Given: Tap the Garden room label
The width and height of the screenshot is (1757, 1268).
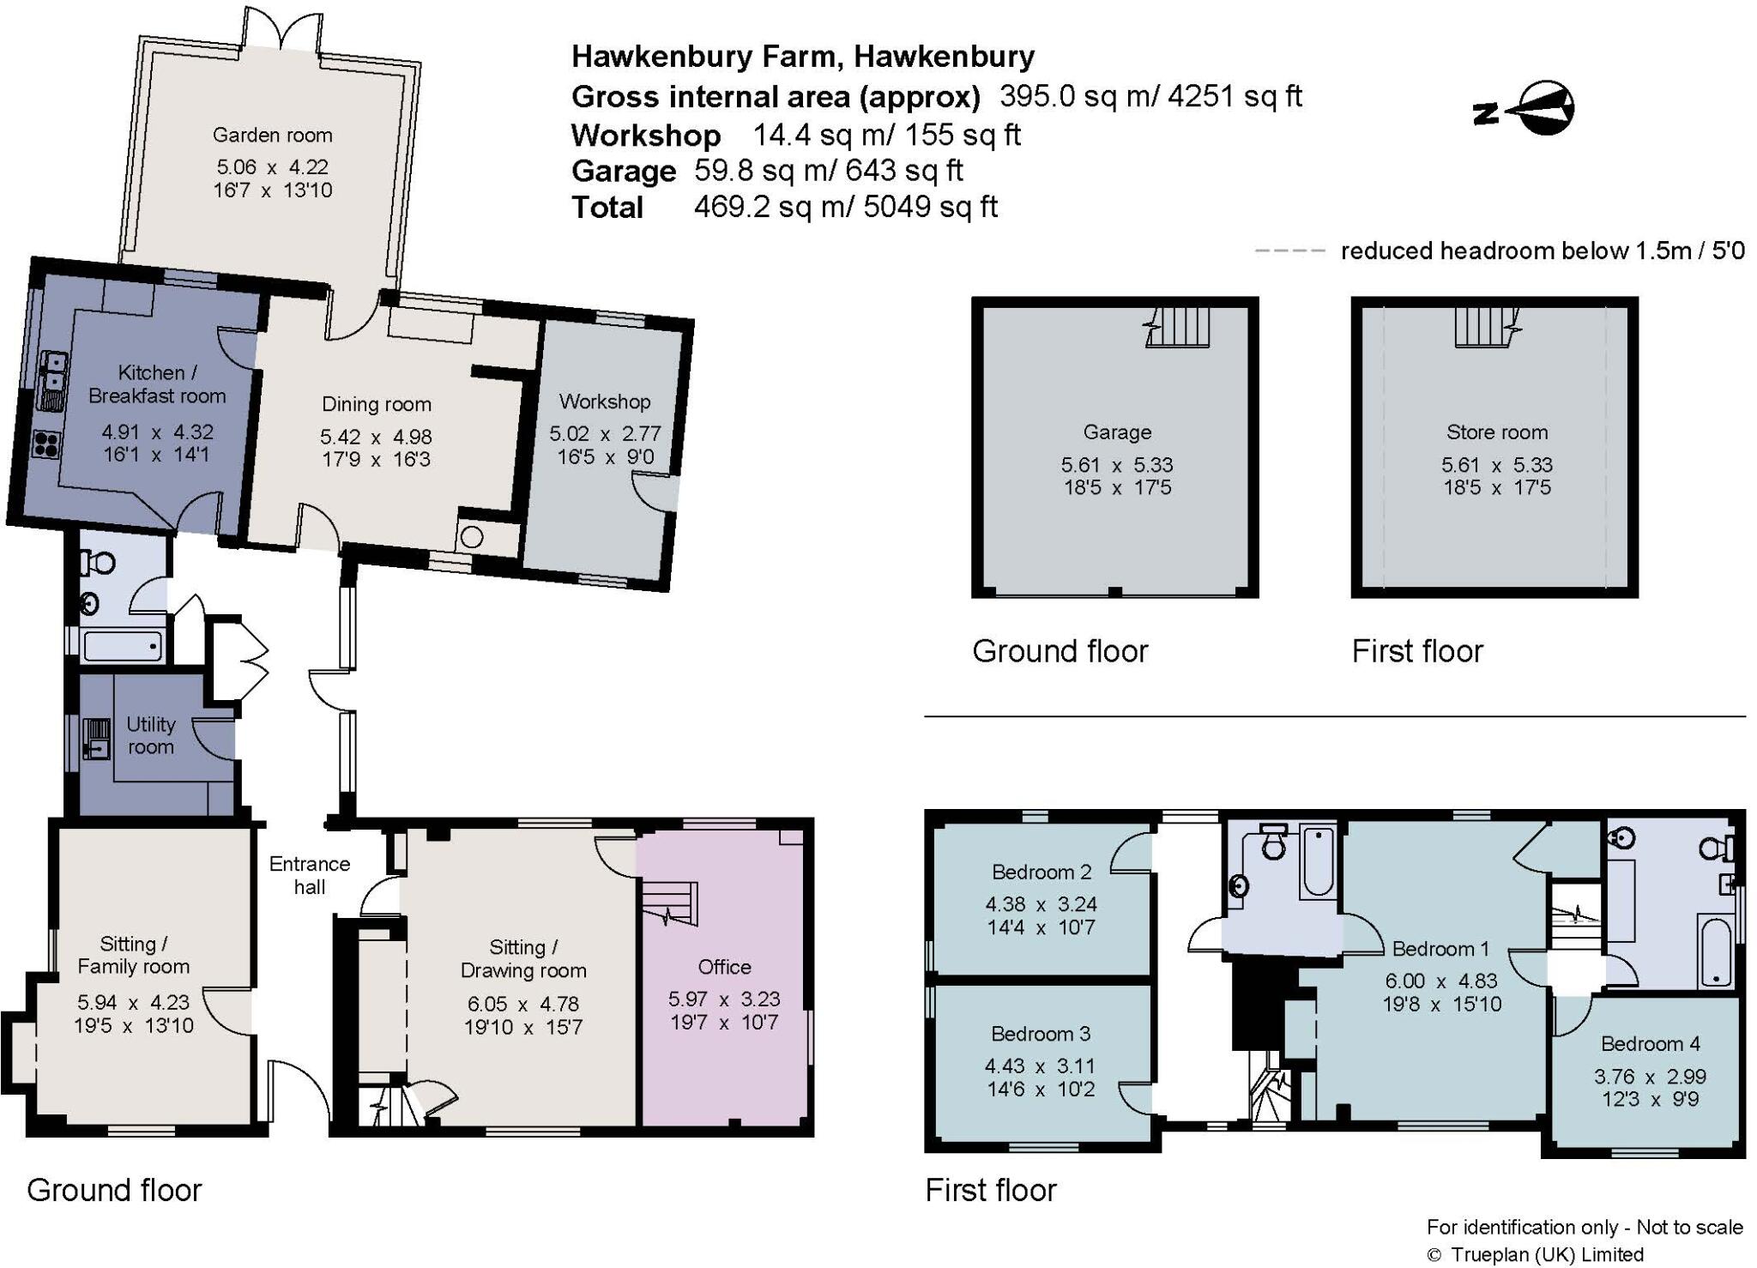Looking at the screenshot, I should tap(272, 135).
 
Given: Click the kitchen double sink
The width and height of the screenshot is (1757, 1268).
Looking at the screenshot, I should tap(53, 377).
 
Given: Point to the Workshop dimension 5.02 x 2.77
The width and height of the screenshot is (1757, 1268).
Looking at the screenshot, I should tap(605, 433).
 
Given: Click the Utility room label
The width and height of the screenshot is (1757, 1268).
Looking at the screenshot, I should tap(151, 735).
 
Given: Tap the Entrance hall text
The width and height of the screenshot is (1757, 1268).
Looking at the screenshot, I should tap(309, 875).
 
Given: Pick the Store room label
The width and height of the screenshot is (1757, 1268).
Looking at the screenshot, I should tap(1496, 432).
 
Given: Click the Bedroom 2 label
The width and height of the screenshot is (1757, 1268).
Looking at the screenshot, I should tap(1042, 872).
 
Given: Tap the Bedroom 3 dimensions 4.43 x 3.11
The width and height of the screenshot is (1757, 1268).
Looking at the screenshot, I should tap(1040, 1066).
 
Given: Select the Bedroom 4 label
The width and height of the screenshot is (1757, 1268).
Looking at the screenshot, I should tap(1650, 1043).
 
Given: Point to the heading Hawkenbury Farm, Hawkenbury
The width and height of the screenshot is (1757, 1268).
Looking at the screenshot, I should tap(803, 57).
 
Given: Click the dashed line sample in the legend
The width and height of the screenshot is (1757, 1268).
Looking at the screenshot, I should tap(1289, 251).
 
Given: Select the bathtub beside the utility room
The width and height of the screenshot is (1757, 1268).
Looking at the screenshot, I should tap(123, 646).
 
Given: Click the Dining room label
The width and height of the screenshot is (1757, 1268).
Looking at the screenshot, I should tap(376, 404).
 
